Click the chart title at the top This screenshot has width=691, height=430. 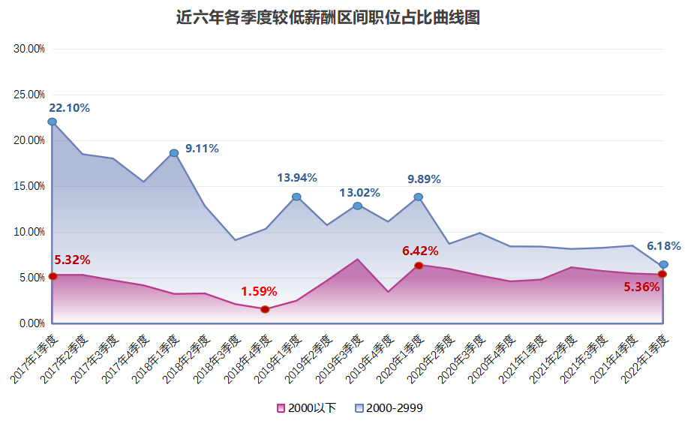click(x=328, y=17)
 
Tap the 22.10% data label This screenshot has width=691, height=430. click(x=69, y=108)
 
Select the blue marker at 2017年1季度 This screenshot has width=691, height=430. click(x=52, y=122)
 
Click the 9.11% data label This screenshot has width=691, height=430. click(x=202, y=149)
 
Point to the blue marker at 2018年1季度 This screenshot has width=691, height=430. click(x=174, y=153)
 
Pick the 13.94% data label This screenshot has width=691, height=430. click(x=297, y=178)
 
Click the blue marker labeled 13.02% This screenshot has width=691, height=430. click(x=358, y=206)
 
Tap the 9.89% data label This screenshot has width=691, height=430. click(x=424, y=179)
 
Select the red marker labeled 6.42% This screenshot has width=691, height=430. click(x=419, y=266)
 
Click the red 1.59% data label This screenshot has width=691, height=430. click(x=259, y=291)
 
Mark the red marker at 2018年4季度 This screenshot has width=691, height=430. click(x=266, y=309)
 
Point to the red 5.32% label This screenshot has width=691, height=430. click(x=72, y=260)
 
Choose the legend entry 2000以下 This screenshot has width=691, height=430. click(x=306, y=408)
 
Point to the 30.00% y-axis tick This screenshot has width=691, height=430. click(x=30, y=49)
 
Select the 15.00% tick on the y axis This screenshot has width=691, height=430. click(x=30, y=186)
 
